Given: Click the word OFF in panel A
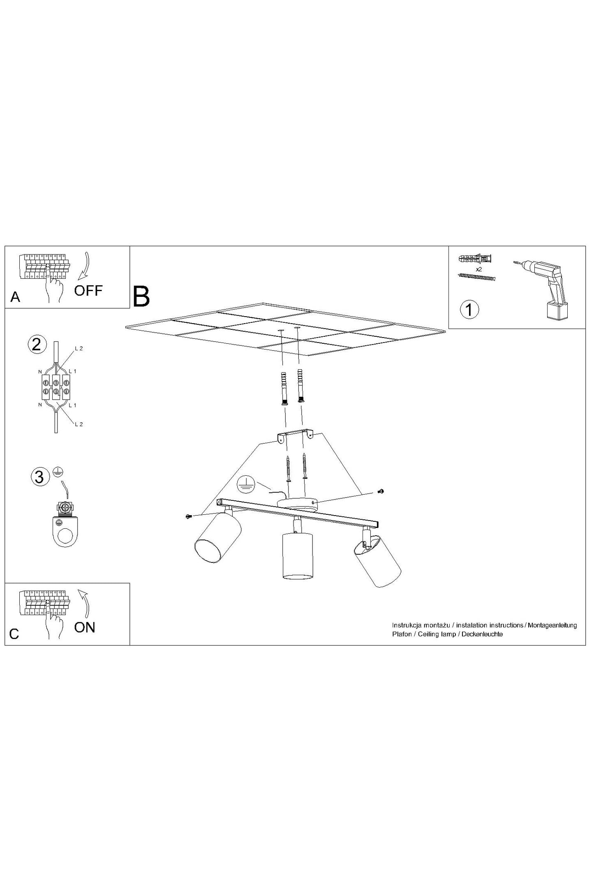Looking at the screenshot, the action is click(x=88, y=291).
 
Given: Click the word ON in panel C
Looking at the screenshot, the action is click(x=85, y=627).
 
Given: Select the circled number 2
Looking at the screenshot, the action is click(x=36, y=344).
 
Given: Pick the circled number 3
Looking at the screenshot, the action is click(x=39, y=477).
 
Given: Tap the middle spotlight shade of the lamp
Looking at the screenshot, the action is click(x=298, y=555).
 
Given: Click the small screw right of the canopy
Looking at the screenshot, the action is click(x=381, y=491).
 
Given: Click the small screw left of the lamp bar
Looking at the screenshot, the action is click(x=189, y=516).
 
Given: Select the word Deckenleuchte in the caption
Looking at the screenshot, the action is click(x=482, y=634).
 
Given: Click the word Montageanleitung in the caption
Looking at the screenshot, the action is click(x=552, y=625).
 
